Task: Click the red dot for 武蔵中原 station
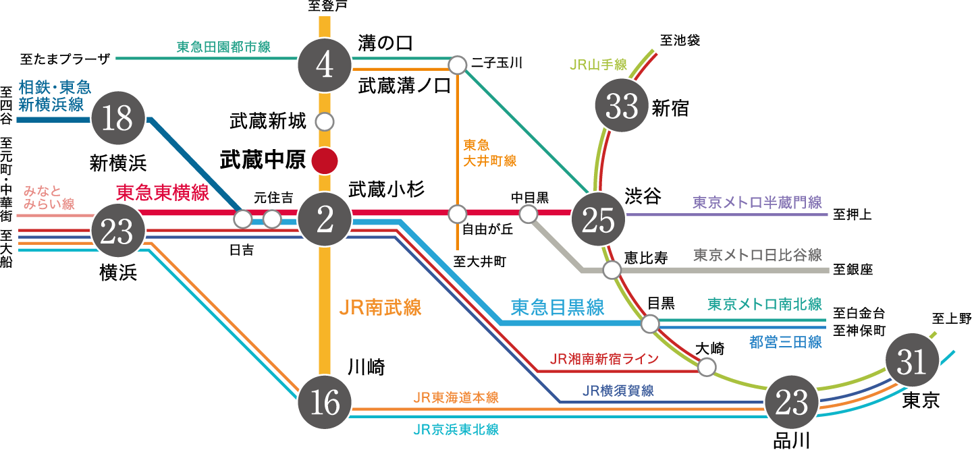[325, 161]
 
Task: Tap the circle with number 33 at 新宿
[622, 105]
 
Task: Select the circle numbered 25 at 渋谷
[598, 219]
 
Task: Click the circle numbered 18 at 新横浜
[118, 118]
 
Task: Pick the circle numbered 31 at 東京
[912, 360]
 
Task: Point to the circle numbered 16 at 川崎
[325, 402]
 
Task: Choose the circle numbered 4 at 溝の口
[325, 65]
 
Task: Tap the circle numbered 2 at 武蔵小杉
[325, 219]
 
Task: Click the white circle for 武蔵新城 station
[325, 122]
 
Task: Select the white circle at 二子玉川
[458, 65]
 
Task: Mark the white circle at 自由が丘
[458, 214]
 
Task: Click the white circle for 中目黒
[529, 214]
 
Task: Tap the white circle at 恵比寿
[612, 270]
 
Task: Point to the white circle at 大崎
[707, 368]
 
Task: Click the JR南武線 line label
[380, 308]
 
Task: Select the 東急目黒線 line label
[558, 308]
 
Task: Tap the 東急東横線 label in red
[163, 192]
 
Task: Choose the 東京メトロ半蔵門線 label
[757, 202]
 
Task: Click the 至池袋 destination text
[680, 40]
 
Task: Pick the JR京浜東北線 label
[456, 430]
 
